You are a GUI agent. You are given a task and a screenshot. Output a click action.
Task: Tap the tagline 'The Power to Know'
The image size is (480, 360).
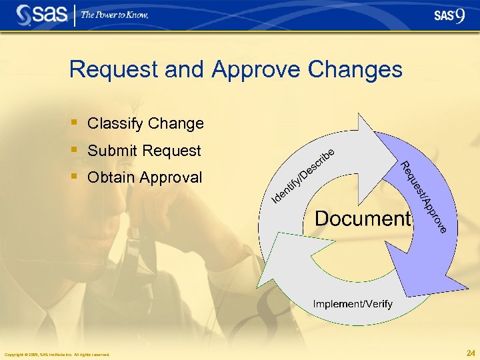115,15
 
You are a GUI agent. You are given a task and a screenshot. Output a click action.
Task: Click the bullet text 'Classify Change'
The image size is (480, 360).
145,123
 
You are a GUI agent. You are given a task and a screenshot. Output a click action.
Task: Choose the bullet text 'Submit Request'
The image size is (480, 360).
144,151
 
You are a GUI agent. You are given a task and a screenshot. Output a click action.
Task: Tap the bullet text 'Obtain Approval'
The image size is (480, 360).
145,177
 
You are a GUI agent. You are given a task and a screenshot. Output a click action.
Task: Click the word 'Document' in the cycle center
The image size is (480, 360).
361,219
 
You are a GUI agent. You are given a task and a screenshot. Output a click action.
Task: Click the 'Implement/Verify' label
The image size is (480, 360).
353,304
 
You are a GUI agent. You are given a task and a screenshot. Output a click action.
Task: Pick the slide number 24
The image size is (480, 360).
471,353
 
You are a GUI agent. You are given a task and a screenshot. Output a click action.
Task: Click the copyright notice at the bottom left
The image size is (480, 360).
56,354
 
